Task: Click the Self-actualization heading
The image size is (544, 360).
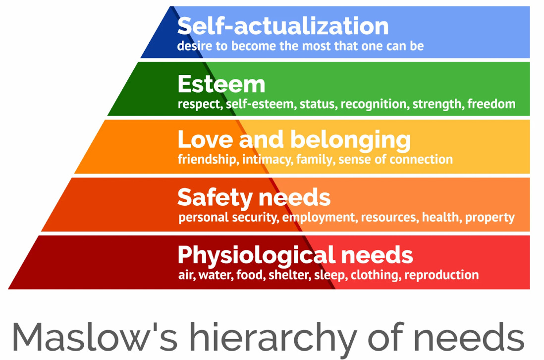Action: [x=283, y=26]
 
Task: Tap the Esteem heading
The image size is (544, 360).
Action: [x=221, y=84]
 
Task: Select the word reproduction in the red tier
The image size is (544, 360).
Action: [x=441, y=275]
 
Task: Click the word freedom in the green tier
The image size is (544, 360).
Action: [x=491, y=104]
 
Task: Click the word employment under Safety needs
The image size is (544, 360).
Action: [x=318, y=217]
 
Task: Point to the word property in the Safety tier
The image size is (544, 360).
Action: [x=490, y=217]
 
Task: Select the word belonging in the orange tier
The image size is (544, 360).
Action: [x=350, y=140]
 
